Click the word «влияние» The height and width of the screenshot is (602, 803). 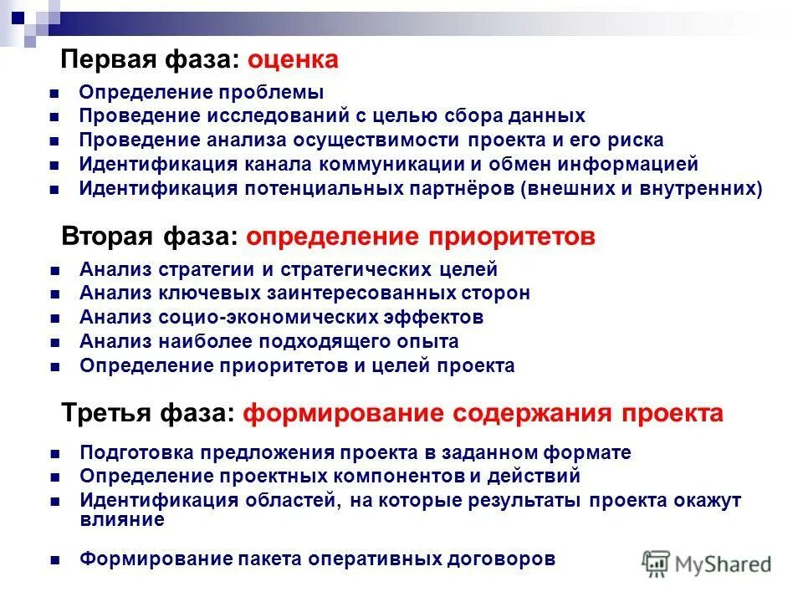(x=122, y=518)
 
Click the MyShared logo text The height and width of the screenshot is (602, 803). (x=723, y=564)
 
